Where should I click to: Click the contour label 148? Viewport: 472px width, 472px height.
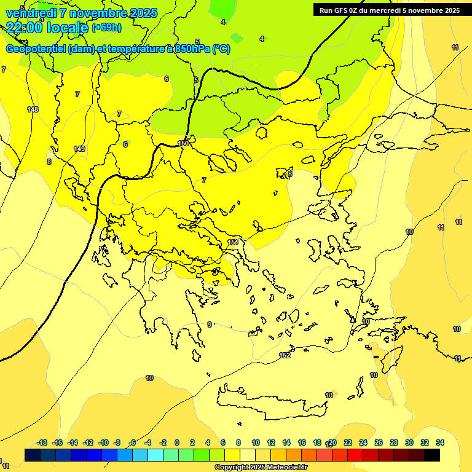[33, 109]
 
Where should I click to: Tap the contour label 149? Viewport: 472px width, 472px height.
[79, 149]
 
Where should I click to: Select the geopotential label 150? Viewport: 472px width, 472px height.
[183, 143]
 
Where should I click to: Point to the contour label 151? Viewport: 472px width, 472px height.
[233, 243]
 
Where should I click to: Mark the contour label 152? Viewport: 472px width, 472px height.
[285, 355]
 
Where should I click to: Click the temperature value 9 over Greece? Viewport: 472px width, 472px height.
[210, 324]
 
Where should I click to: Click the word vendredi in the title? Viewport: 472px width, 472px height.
[31, 13]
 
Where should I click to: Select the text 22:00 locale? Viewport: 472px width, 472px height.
[47, 27]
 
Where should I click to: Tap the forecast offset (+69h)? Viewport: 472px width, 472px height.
[106, 28]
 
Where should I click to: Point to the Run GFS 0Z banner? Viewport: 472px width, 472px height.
[390, 10]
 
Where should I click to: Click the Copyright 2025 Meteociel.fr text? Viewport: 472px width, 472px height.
[261, 467]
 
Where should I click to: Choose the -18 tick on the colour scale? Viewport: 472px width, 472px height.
[42, 442]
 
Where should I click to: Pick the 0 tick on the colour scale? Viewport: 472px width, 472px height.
[177, 442]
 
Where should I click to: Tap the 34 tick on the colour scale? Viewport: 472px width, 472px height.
[439, 442]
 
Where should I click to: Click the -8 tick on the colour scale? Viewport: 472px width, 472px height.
[118, 442]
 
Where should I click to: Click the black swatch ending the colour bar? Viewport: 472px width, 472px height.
[431, 455]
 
